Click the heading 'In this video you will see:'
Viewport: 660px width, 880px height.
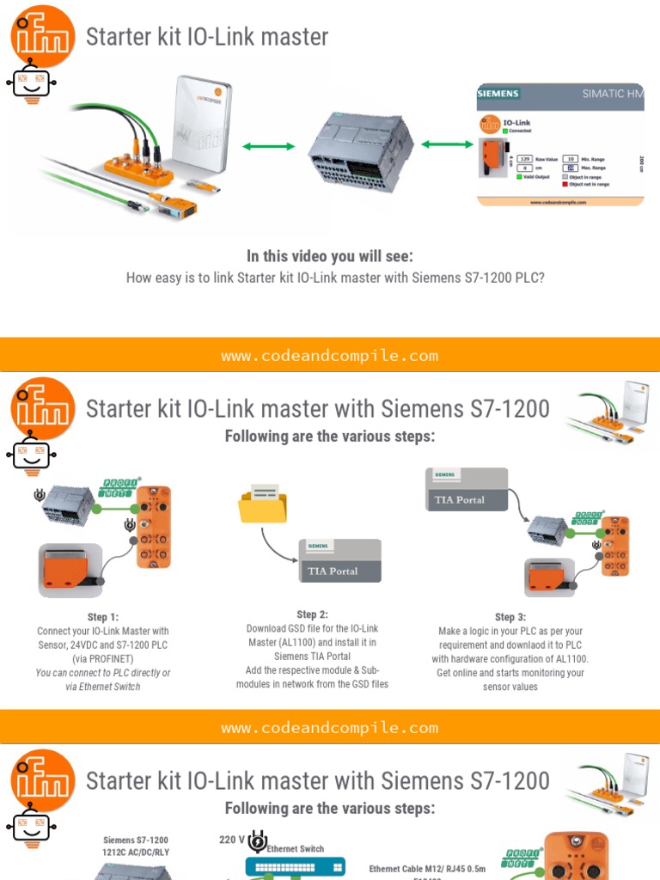(x=329, y=256)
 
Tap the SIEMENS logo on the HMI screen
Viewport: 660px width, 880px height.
(x=498, y=94)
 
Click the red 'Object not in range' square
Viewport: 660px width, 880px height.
(x=565, y=184)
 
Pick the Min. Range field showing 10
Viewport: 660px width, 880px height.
(x=569, y=160)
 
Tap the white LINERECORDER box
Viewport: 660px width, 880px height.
(x=201, y=120)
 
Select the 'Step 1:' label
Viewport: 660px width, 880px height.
(x=103, y=617)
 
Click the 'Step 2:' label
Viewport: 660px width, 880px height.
(x=312, y=614)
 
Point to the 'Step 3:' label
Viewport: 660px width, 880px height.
(x=510, y=617)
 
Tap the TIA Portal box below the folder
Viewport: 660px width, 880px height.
(x=339, y=561)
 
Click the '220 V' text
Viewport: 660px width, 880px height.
(x=232, y=840)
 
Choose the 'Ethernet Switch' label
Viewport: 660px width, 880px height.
(x=295, y=849)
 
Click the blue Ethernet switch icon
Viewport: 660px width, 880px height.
(x=295, y=868)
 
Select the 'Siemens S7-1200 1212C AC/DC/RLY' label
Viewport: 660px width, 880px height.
(x=136, y=846)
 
